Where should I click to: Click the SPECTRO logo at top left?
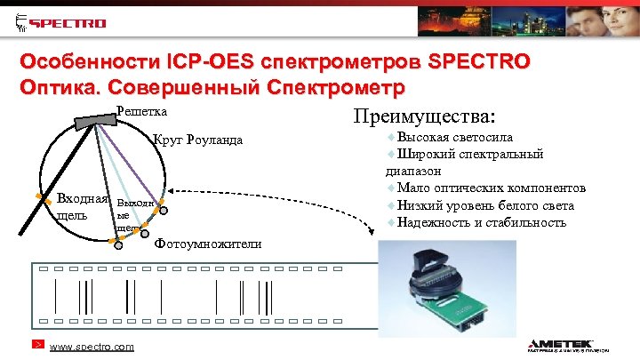[x=60, y=22]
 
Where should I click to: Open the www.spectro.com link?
[x=92, y=347]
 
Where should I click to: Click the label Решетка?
[x=142, y=112]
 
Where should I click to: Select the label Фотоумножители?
[x=208, y=244]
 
